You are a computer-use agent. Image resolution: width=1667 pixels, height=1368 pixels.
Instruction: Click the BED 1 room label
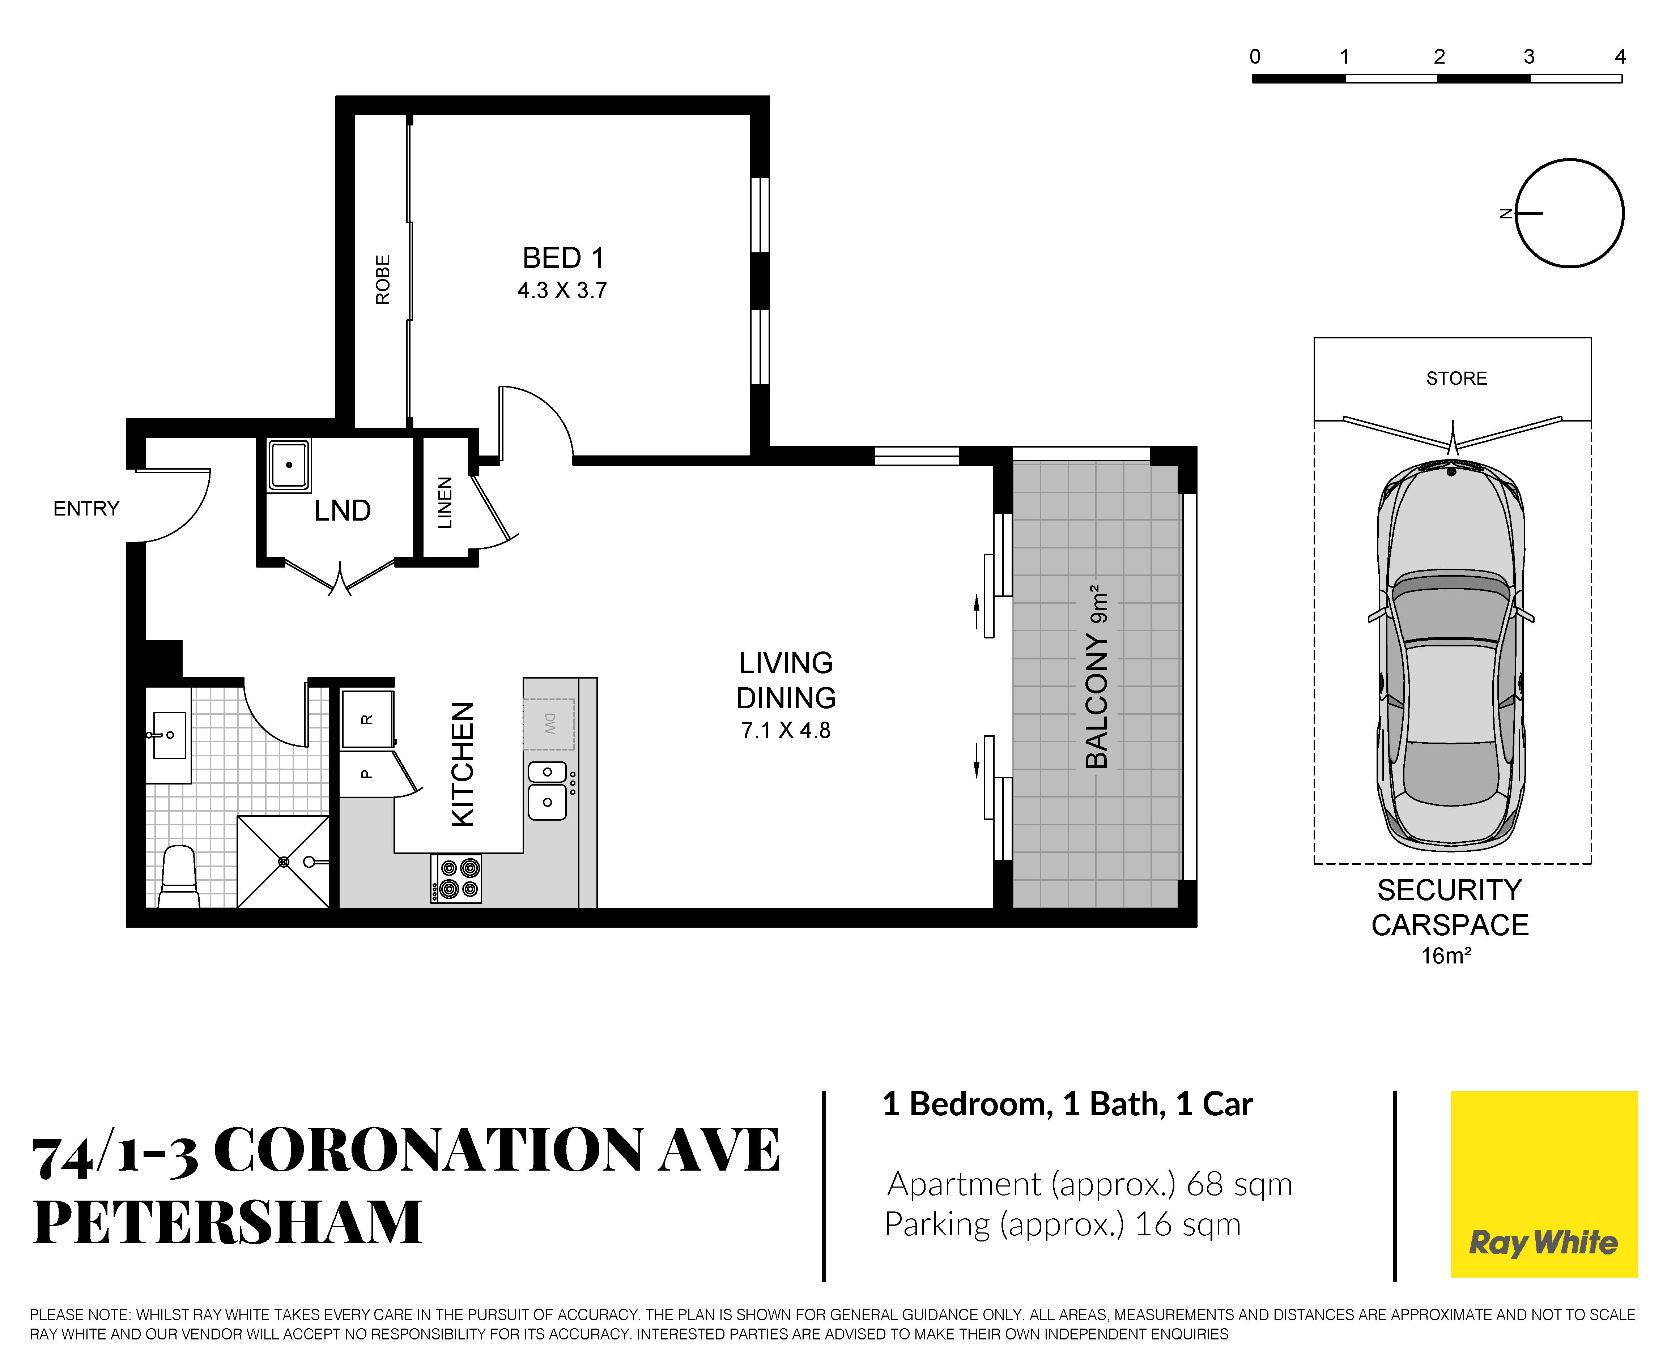tap(563, 258)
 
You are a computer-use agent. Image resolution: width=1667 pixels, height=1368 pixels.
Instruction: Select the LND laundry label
tap(342, 510)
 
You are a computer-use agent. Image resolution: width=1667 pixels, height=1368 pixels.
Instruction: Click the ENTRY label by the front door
tap(86, 508)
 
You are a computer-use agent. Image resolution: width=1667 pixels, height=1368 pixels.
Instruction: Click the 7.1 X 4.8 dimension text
tap(786, 731)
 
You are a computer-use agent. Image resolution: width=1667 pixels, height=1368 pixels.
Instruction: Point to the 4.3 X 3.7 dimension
tap(562, 291)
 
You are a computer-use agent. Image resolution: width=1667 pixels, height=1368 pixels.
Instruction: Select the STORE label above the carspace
tap(1457, 378)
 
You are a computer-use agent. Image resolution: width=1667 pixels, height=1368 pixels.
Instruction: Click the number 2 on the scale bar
tap(1439, 57)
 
